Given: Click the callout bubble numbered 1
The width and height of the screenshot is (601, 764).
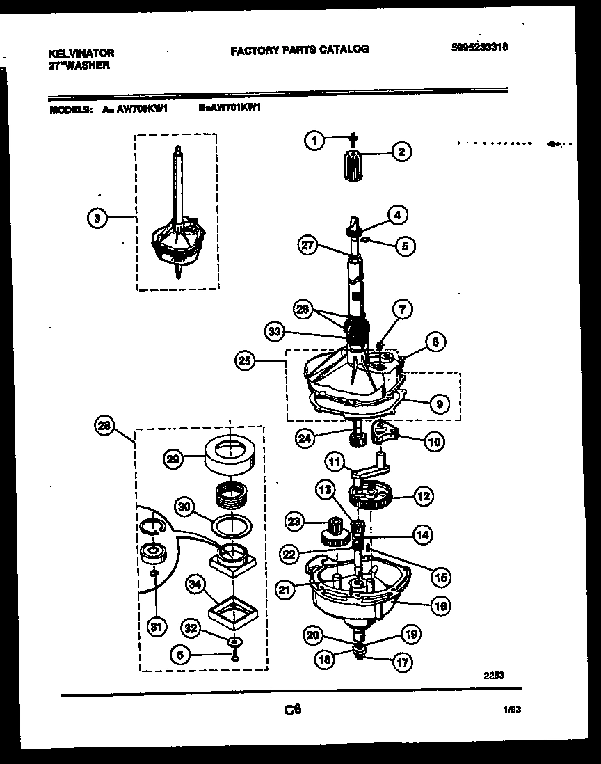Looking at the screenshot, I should (x=314, y=141).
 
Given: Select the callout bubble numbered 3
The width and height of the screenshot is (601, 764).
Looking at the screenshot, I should (x=97, y=218).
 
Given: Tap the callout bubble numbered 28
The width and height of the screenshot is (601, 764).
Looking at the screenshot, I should (x=105, y=426).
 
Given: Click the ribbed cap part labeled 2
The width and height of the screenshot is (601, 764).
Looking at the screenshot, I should (x=355, y=167).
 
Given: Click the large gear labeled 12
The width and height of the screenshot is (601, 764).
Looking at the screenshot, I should (x=371, y=498).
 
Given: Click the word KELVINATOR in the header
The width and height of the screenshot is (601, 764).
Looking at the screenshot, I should (x=81, y=53).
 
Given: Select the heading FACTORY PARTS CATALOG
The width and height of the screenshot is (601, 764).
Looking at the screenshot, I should (x=299, y=49).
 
